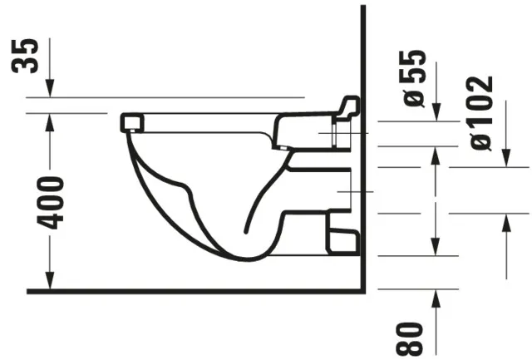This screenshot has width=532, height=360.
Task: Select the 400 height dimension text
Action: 51,202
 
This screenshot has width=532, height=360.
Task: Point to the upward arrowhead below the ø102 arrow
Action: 505,219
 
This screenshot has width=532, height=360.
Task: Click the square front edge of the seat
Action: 131,123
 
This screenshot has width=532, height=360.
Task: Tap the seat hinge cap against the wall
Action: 348,107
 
